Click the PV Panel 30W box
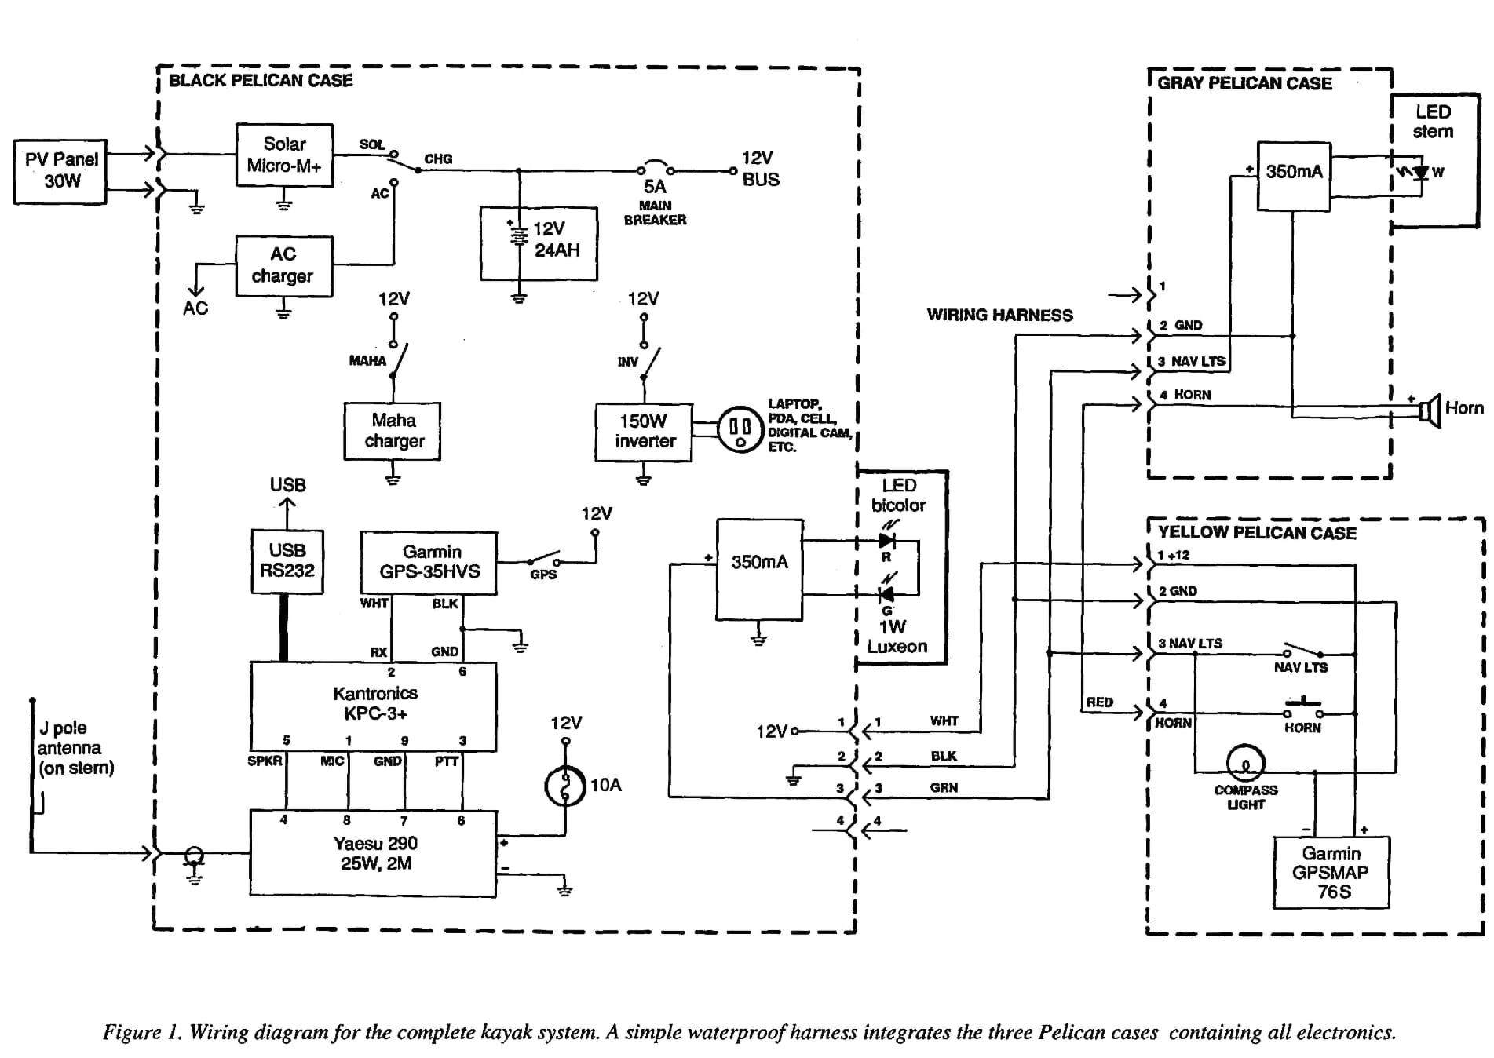pyautogui.click(x=60, y=171)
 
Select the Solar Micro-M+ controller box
pyautogui.click(x=284, y=155)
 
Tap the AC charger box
pyautogui.click(x=283, y=266)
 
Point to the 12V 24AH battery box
pyautogui.click(x=539, y=243)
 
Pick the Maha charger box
pyautogui.click(x=393, y=431)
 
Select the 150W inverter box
pyautogui.click(x=644, y=432)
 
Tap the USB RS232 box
pyautogui.click(x=287, y=561)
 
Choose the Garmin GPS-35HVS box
pyautogui.click(x=429, y=562)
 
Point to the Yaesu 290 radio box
pyautogui.click(x=374, y=853)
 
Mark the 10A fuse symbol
pyautogui.click(x=565, y=786)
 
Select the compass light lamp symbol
pyautogui.click(x=1246, y=761)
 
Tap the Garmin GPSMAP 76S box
pyautogui.click(x=1331, y=872)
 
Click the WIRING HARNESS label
pyautogui.click(x=999, y=315)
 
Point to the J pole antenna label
pyautogui.click(x=75, y=748)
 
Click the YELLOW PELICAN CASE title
pyautogui.click(x=1257, y=533)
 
